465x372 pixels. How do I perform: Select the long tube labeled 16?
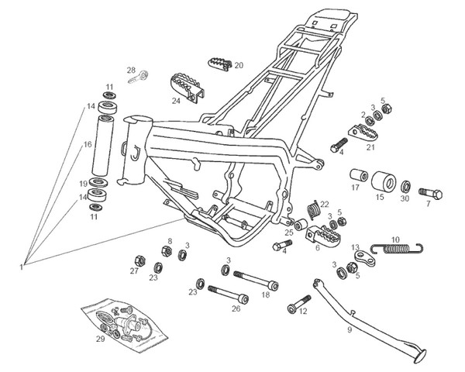(x=106, y=146)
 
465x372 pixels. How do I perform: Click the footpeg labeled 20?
(x=219, y=64)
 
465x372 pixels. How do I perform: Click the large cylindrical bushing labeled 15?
(x=381, y=183)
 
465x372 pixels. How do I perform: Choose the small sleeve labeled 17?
(x=358, y=174)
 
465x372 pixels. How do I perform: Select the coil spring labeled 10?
(x=397, y=248)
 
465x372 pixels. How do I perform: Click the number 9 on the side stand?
(x=350, y=329)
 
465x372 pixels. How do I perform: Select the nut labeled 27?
(x=136, y=259)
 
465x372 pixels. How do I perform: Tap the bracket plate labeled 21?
(x=364, y=133)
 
